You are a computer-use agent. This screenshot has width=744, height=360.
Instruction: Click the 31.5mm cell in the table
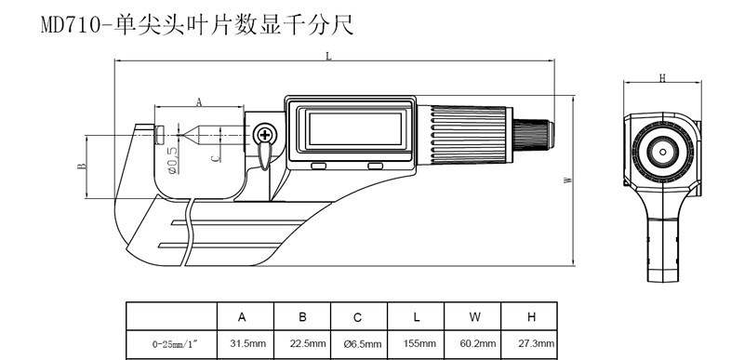(247, 343)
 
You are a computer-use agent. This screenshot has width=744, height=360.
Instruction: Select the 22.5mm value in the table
(308, 343)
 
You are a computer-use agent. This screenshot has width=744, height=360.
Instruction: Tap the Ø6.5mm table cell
(363, 344)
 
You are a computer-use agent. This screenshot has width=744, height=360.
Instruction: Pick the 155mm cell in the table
(419, 343)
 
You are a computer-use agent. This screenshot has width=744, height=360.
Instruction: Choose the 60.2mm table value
(478, 343)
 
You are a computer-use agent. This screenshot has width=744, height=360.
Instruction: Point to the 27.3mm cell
(537, 343)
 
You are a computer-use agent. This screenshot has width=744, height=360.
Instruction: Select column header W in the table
(474, 317)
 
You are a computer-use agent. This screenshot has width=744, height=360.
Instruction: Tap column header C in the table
(358, 317)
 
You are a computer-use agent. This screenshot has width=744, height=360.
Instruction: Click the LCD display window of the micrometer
(355, 129)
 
